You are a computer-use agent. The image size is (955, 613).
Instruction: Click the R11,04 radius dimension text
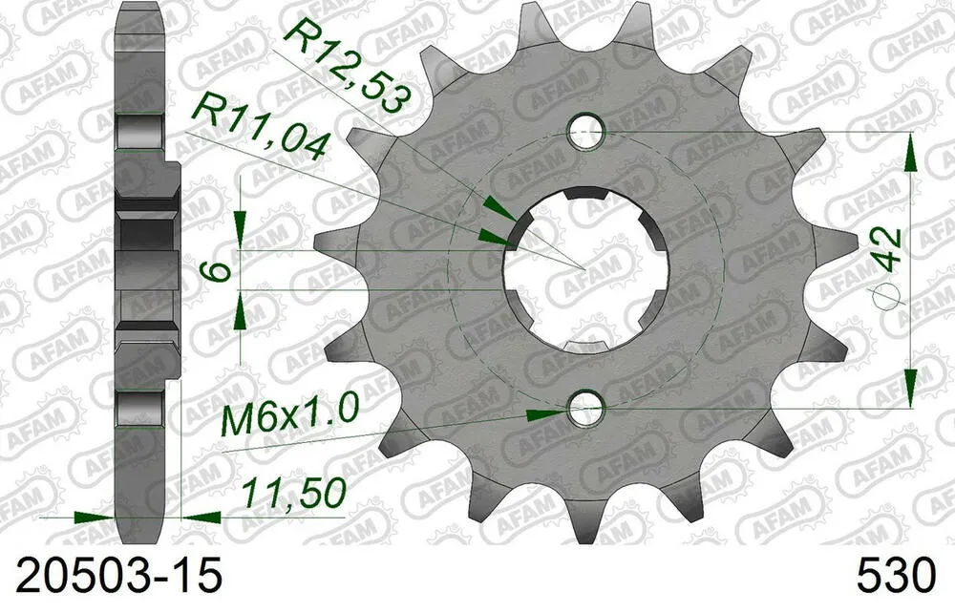point(260,129)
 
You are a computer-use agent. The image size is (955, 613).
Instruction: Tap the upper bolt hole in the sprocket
point(585,131)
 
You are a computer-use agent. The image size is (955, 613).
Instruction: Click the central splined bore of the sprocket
point(585,270)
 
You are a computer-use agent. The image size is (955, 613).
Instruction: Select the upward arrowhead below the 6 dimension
point(240,306)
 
